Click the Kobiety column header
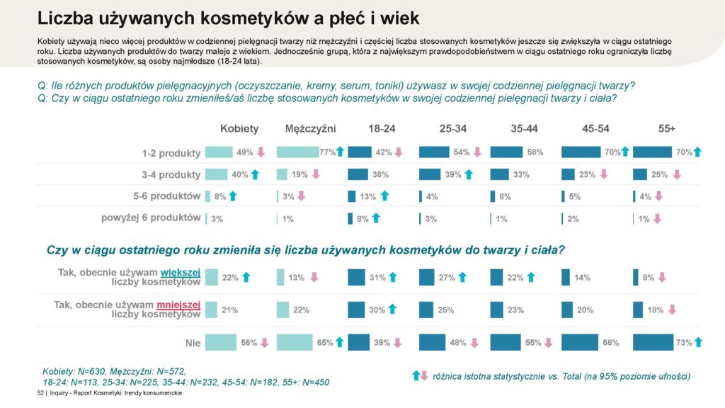239,129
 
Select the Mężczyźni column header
310,129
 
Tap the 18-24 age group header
382,129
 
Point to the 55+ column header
666,129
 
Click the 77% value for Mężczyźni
327,152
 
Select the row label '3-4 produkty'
171,175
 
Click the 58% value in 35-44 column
535,152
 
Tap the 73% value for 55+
684,343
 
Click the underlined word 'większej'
181,271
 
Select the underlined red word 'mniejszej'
179,305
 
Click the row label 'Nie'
193,343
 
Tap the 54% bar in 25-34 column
434,152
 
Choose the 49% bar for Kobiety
218,152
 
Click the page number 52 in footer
40,393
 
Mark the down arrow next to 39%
397,343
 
